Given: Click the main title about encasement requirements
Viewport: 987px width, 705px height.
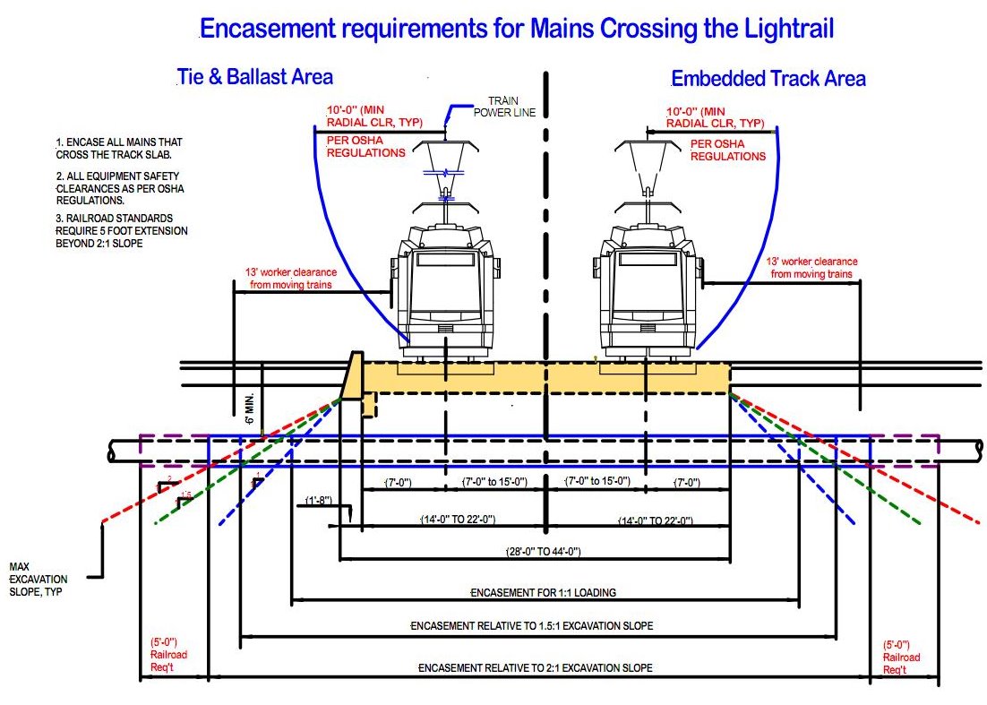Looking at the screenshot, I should pyautogui.click(x=517, y=29).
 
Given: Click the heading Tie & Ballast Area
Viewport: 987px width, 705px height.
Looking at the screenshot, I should pyautogui.click(x=255, y=77).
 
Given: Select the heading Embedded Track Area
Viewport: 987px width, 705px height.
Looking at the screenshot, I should pyautogui.click(x=768, y=79).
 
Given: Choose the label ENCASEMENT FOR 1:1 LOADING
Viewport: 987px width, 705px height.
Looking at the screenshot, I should pyautogui.click(x=544, y=593).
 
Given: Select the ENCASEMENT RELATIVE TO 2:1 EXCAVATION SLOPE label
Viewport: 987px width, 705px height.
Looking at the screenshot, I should pyautogui.click(x=536, y=668).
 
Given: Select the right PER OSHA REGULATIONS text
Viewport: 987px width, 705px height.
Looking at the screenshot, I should pyautogui.click(x=727, y=150).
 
